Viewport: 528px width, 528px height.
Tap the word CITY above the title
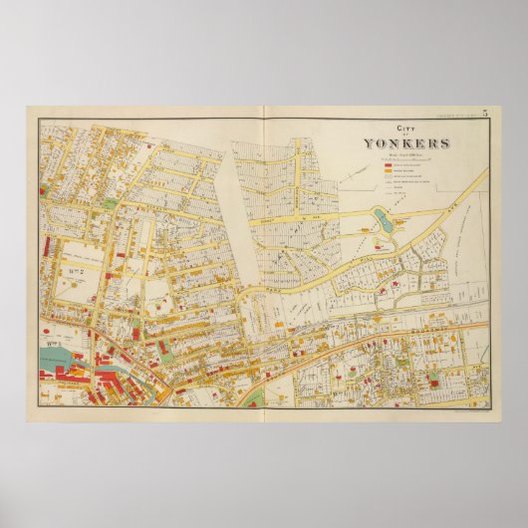[x=403, y=129]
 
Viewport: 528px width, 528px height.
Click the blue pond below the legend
[x=380, y=219]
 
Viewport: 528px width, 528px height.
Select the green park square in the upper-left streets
[x=110, y=203]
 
